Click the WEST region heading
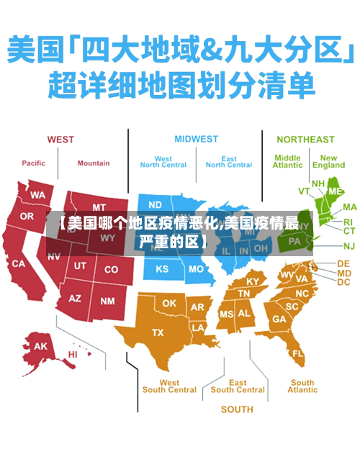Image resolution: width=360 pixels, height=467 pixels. click(x=60, y=139)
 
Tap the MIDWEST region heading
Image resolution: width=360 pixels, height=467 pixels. click(x=196, y=139)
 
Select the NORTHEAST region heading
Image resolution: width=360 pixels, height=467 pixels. click(x=305, y=139)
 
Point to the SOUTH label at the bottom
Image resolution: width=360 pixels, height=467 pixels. click(x=237, y=409)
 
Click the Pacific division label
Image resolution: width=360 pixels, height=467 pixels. click(x=33, y=163)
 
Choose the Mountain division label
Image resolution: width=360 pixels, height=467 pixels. click(x=94, y=163)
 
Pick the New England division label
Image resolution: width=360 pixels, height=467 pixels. click(x=328, y=161)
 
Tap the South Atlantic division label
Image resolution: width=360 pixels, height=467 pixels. click(x=302, y=386)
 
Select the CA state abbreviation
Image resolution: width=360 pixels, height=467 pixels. click(x=18, y=264)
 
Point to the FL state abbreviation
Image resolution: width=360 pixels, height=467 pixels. click(x=298, y=354)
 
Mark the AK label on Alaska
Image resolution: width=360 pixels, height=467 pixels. click(x=41, y=346)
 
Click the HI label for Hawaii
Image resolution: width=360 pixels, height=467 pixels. click(x=73, y=354)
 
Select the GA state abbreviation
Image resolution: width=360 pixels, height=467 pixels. click(x=279, y=319)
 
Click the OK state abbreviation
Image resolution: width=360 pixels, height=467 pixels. click(x=169, y=304)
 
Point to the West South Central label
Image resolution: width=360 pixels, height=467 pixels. click(x=169, y=386)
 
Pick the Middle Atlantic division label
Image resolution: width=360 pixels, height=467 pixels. click(x=287, y=161)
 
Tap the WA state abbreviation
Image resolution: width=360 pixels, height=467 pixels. click(x=37, y=195)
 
